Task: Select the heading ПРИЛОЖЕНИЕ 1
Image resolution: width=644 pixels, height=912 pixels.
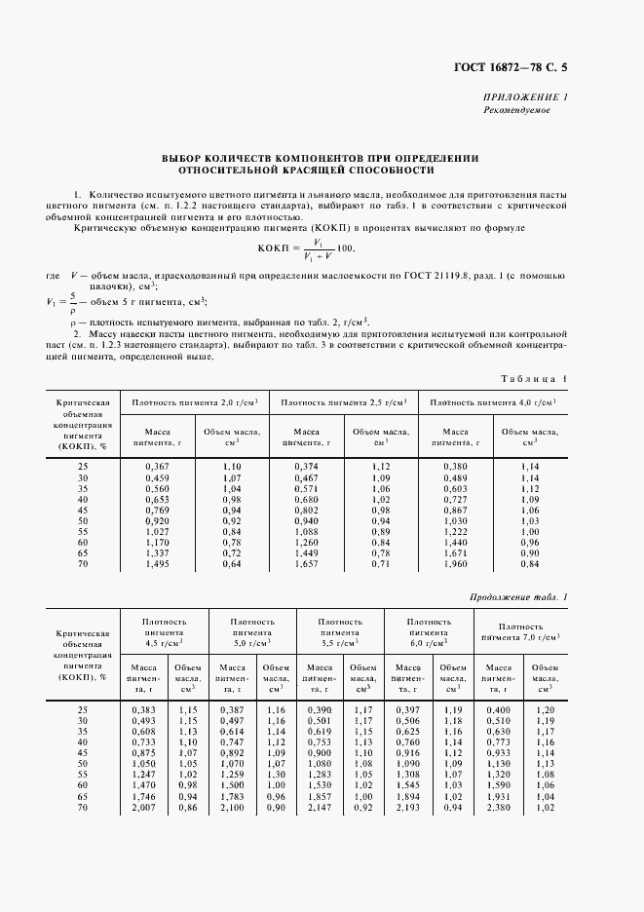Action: tap(526, 97)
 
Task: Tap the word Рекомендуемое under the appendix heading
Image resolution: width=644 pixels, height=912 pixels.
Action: tap(517, 110)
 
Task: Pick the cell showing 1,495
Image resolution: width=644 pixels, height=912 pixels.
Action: tap(157, 563)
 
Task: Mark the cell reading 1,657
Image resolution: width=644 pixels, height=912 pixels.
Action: tap(307, 563)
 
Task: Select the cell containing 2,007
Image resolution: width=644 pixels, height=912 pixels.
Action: tap(143, 809)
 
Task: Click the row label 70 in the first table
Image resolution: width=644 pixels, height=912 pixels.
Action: tap(83, 563)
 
